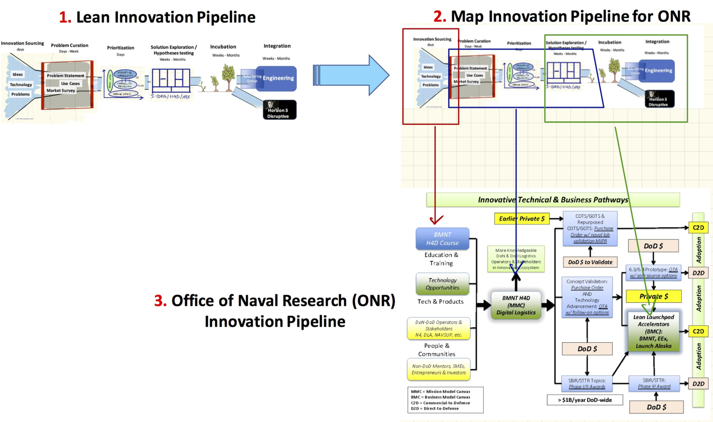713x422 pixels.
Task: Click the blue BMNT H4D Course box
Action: pyautogui.click(x=442, y=239)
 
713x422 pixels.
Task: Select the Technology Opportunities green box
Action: pyautogui.click(x=443, y=284)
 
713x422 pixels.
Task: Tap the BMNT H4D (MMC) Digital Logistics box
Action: pyautogui.click(x=516, y=305)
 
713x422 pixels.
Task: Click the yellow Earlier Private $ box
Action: pyautogui.click(x=522, y=218)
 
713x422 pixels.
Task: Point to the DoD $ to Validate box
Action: pyautogui.click(x=590, y=262)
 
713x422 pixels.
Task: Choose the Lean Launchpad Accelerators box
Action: pyautogui.click(x=653, y=331)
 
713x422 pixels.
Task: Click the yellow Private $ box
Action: pyautogui.click(x=653, y=296)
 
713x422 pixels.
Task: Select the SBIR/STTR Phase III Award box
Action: pyautogui.click(x=654, y=383)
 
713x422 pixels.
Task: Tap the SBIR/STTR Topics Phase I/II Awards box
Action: pyautogui.click(x=587, y=383)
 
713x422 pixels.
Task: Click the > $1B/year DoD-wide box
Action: pyautogui.click(x=585, y=400)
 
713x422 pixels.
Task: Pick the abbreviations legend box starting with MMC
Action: pyautogui.click(x=445, y=400)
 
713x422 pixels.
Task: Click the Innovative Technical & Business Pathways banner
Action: pyautogui.click(x=553, y=200)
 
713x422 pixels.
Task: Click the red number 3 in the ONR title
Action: pyautogui.click(x=160, y=301)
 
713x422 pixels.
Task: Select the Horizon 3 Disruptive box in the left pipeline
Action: pyautogui.click(x=280, y=110)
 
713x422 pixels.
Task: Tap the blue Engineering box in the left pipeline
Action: pyautogui.click(x=277, y=78)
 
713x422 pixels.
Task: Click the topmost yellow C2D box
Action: pyautogui.click(x=698, y=228)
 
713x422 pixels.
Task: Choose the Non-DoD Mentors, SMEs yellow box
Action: pyautogui.click(x=439, y=369)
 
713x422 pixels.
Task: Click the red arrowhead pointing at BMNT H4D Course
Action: pyautogui.click(x=436, y=220)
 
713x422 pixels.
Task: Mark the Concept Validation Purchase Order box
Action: pyautogui.click(x=587, y=297)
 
